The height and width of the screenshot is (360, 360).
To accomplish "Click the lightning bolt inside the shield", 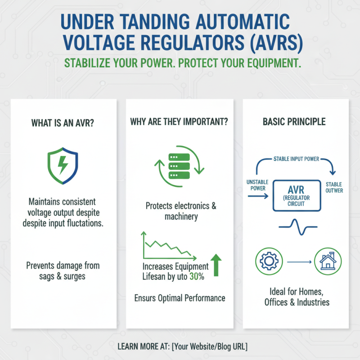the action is tap(63, 165).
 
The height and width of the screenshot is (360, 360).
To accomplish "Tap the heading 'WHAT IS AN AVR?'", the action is tap(63, 123).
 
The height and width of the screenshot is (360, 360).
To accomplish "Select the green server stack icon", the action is tap(179, 166).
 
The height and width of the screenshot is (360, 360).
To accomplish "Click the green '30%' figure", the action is tap(197, 276).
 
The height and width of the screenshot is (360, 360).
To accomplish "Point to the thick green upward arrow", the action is tap(216, 265).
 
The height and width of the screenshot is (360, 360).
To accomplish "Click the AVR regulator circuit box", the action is tap(297, 196).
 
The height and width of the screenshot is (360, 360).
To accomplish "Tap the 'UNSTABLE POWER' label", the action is tap(257, 185).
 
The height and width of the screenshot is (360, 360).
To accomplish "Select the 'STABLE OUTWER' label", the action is tap(334, 187).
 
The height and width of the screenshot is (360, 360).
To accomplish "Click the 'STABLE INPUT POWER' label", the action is tap(296, 159).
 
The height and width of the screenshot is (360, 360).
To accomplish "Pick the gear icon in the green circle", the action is tap(269, 261).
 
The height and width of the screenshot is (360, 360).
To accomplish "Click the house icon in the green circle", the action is tap(328, 261).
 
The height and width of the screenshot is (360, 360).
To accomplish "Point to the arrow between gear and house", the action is tap(299, 262).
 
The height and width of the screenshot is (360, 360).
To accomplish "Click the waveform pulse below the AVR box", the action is tap(298, 227).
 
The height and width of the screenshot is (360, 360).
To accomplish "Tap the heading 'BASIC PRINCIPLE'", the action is tap(294, 121).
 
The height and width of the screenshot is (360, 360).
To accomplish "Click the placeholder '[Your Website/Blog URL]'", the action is tap(210, 346).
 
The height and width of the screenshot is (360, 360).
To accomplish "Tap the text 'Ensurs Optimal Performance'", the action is tap(180, 298).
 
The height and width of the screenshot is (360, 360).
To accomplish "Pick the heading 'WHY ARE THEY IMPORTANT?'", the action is tap(179, 121).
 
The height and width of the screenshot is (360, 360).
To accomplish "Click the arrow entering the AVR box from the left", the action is tap(258, 196).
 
